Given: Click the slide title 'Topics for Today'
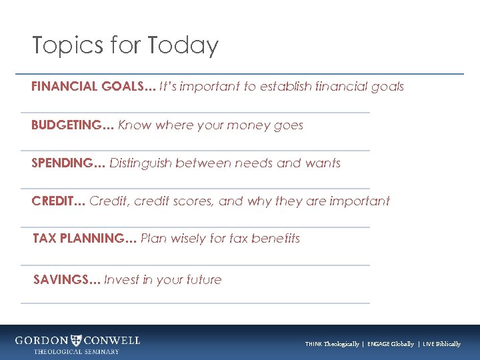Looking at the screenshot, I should coord(125,45).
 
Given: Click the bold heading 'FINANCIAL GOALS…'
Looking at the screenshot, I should coord(93,87).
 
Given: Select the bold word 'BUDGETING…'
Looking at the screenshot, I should coord(73,125).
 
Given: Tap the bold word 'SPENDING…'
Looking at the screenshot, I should coord(69,163).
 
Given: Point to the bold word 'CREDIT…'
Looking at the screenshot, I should coord(58,201).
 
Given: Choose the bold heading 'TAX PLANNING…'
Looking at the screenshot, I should coord(85,239).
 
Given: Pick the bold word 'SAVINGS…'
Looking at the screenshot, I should coord(67,280).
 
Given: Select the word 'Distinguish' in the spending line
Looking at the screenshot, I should coord(141,163).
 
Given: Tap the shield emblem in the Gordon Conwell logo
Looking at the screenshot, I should coord(77,340).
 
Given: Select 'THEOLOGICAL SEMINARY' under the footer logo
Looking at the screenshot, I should coord(77,351).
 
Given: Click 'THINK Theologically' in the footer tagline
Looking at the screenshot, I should coord(332,344).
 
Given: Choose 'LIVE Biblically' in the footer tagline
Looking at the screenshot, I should coord(441,344).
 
